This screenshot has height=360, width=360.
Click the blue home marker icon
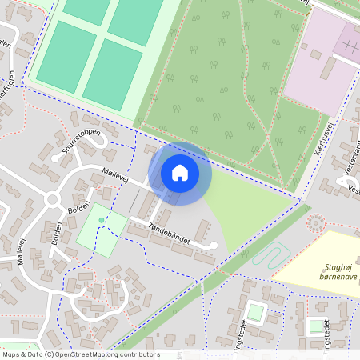tap(180, 173)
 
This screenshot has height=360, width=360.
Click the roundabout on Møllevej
tap(53, 199)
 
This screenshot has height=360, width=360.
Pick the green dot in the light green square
tap(101, 219)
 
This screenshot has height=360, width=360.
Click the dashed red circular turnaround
tap(317, 223)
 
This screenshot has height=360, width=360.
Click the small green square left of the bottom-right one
tap(254, 311)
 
